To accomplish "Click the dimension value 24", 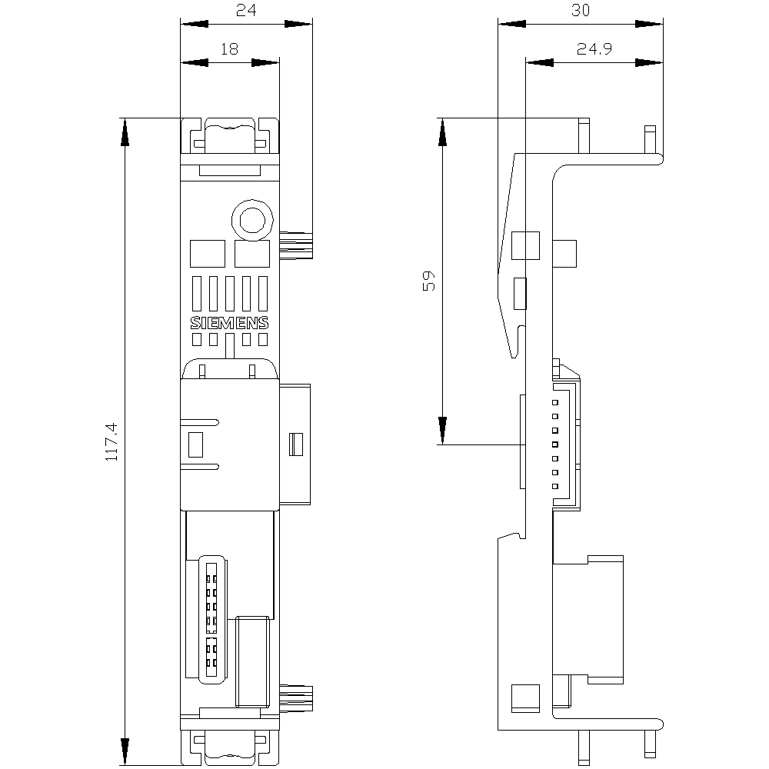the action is click(x=246, y=10).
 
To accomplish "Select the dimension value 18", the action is click(x=229, y=49).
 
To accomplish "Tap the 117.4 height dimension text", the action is click(x=112, y=442).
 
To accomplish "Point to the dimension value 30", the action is click(x=581, y=10).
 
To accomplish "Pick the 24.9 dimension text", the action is click(x=594, y=49).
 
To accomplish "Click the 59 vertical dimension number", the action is click(x=428, y=281).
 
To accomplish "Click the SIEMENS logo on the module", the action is click(x=229, y=323).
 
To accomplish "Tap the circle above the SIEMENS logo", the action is click(x=252, y=220).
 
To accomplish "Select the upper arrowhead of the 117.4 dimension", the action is click(x=125, y=132).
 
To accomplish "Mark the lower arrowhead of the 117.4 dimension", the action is click(x=125, y=751).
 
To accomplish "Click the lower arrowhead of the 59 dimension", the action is click(x=442, y=431).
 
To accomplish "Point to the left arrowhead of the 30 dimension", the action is click(x=512, y=24).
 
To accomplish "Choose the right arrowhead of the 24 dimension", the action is click(x=298, y=24).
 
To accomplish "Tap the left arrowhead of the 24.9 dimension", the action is click(x=540, y=63).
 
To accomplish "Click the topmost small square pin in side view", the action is click(x=555, y=403).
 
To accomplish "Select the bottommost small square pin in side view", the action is click(x=555, y=487).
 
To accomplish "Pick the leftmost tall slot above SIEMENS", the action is click(x=197, y=294).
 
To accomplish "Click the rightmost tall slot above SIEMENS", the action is click(x=263, y=294).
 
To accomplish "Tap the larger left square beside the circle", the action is click(x=208, y=254).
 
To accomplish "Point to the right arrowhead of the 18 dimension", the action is click(x=265, y=63).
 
